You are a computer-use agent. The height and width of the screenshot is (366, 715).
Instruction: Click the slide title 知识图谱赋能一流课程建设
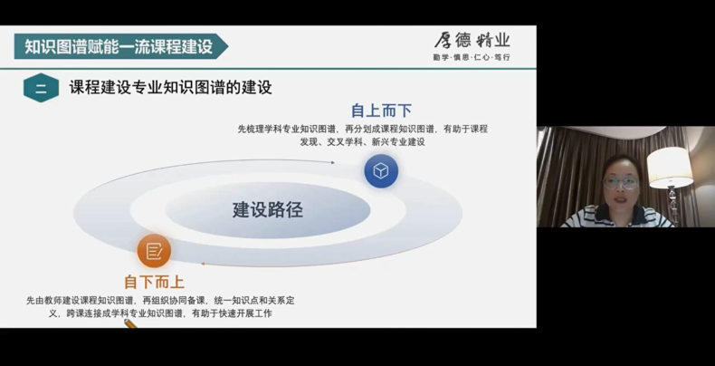coord(119,46)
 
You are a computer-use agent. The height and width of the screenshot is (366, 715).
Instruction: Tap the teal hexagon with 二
coord(41,88)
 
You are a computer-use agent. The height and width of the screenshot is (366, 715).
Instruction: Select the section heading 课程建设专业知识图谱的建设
coord(170,87)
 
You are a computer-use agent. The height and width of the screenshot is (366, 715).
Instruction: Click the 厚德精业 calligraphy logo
coord(472,41)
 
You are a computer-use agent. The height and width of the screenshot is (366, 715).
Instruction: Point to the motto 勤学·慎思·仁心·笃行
coord(472,57)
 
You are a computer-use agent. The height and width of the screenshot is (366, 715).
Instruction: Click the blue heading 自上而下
coord(381,111)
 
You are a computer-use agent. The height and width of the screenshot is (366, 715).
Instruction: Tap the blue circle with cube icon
coord(381,171)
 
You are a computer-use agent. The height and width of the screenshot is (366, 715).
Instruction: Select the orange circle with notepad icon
coord(154,251)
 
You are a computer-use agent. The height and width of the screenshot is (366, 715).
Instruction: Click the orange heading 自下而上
coord(154,282)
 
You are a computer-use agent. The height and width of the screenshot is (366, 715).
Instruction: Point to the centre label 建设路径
coord(268,210)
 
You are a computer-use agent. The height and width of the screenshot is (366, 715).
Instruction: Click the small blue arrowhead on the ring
coord(332,162)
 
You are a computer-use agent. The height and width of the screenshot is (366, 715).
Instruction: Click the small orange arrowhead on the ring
coord(203,264)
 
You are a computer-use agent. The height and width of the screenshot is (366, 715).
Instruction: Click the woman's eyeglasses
coord(620,183)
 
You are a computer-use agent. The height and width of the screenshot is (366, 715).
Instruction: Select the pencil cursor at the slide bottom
coord(130,323)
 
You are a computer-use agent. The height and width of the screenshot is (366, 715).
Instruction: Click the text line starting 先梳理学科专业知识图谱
coord(363,130)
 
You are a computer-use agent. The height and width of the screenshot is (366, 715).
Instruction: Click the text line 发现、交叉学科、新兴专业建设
coord(363,142)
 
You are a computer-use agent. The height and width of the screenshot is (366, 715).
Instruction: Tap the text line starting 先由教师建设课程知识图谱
coord(160,301)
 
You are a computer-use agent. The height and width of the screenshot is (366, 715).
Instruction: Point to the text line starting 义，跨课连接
coord(160,313)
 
